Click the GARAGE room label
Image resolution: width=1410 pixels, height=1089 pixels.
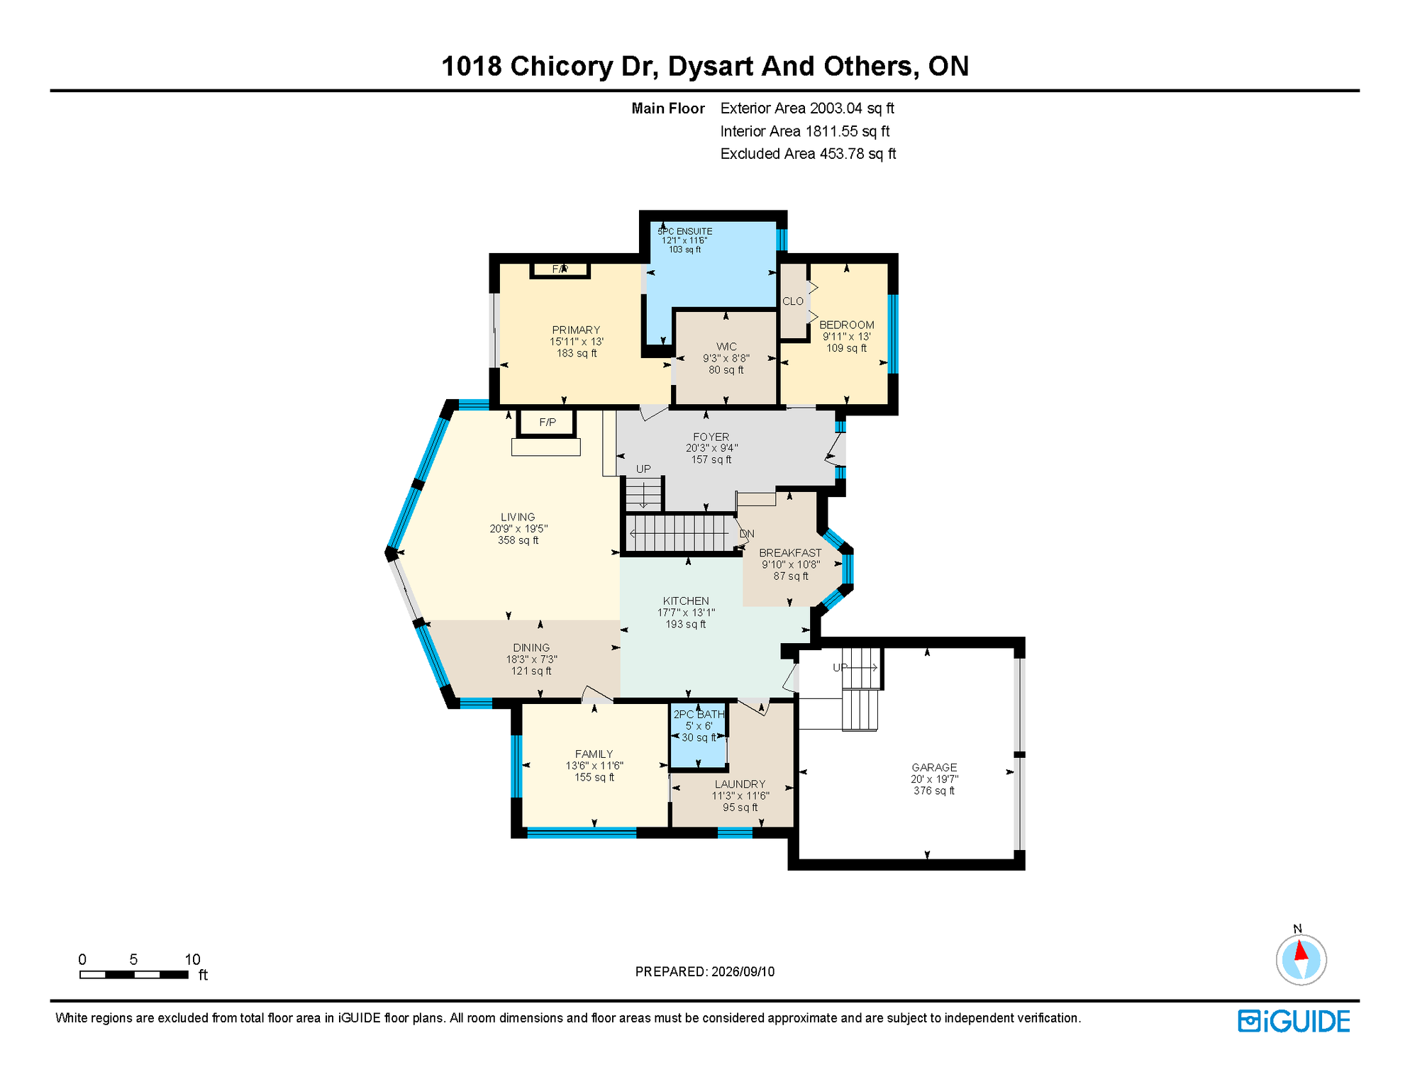pos(934,767)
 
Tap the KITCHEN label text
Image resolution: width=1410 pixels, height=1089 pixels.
pos(686,601)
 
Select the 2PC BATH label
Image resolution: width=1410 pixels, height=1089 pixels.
pos(699,715)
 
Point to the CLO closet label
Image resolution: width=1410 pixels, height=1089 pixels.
pos(793,301)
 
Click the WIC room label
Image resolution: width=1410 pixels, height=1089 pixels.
pos(726,347)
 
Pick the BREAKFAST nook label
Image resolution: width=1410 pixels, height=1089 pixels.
pos(790,553)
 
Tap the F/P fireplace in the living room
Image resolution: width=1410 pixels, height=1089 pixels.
pos(547,423)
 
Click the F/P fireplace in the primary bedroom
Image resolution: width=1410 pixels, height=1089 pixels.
pos(560,269)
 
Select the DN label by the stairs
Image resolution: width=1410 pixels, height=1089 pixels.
pos(747,534)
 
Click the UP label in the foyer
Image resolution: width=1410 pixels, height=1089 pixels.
pos(643,469)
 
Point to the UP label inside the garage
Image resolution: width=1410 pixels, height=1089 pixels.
pos(840,668)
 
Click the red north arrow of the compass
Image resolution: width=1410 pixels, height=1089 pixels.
pos(1301,950)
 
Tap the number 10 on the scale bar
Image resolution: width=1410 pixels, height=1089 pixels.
pos(192,960)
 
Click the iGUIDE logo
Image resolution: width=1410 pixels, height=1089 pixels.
pos(1294,1022)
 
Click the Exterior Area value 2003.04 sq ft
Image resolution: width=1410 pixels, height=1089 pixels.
pos(852,108)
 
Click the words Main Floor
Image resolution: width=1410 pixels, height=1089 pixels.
pos(668,108)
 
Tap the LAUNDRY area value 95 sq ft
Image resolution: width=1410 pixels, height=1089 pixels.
pos(740,808)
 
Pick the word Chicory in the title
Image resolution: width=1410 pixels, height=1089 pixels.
pos(562,67)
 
